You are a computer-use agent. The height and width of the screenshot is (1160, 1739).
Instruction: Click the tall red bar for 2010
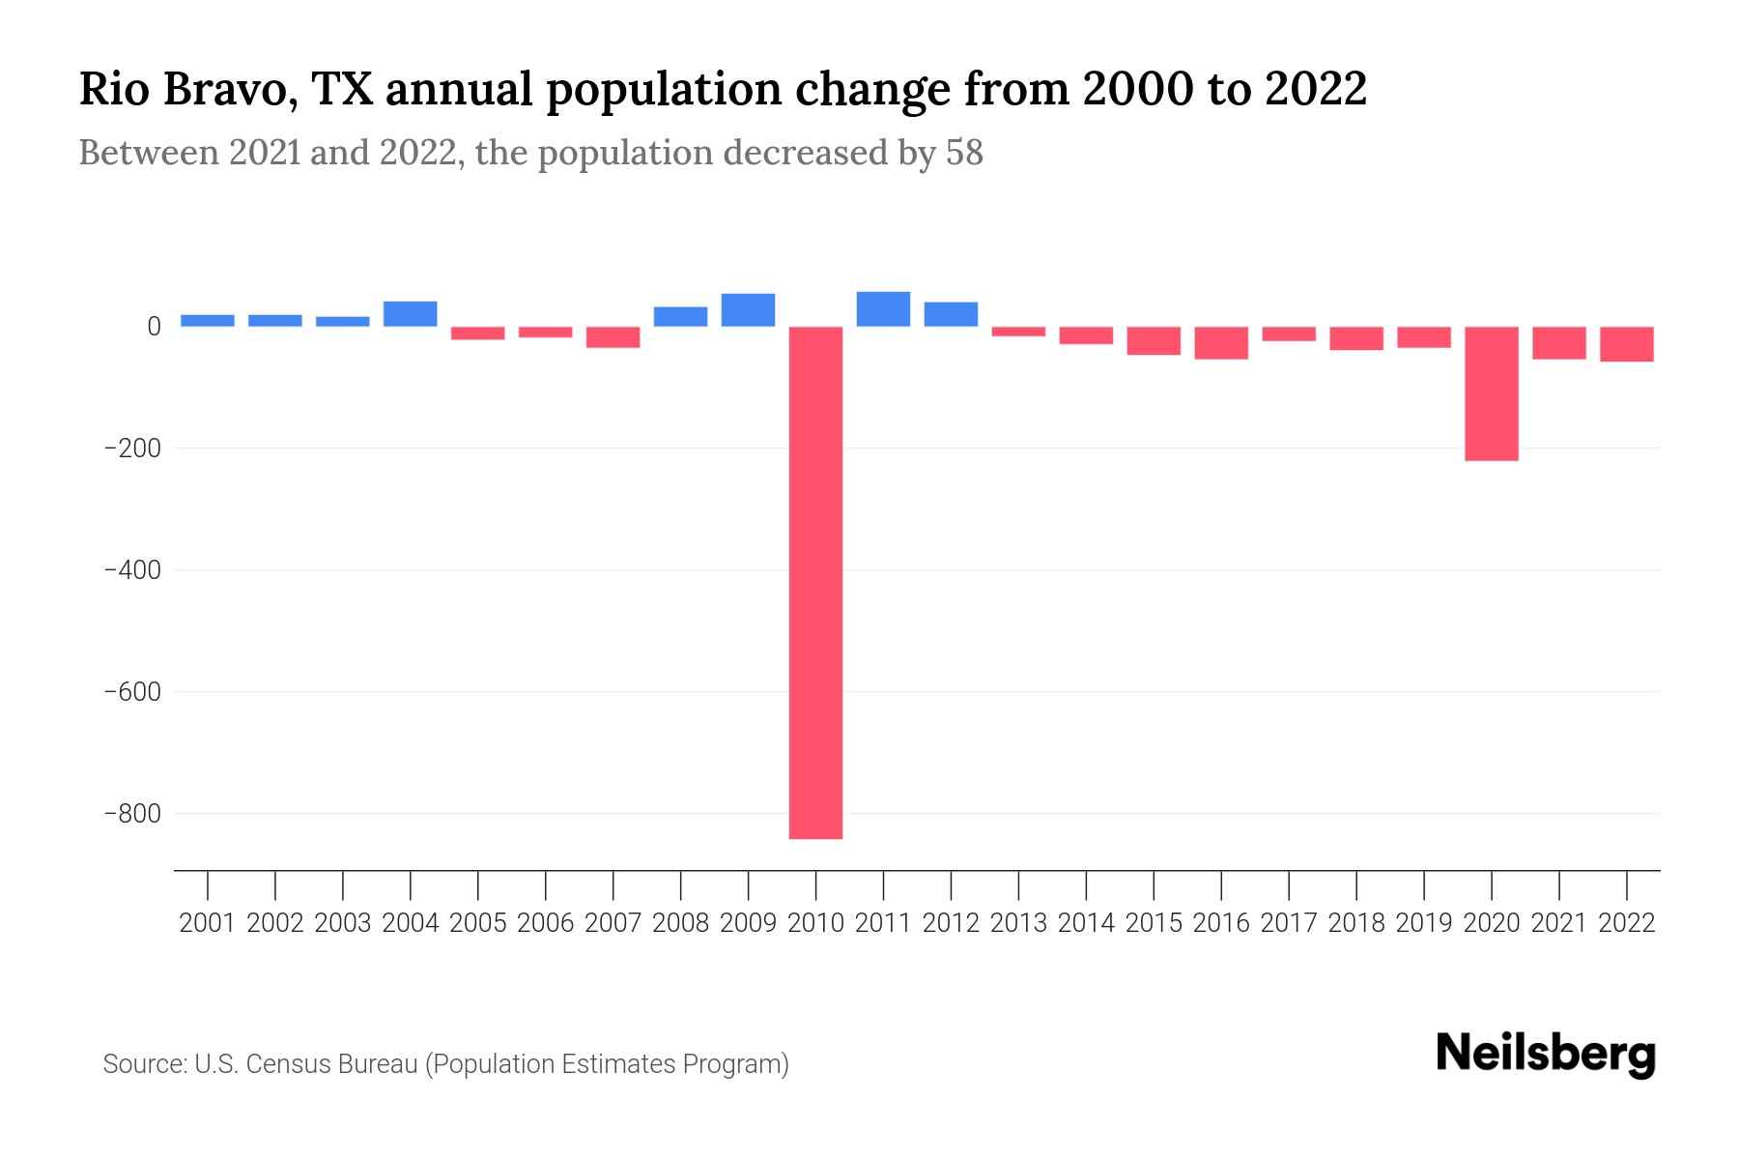point(815,582)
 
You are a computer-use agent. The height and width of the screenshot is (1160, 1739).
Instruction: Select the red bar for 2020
point(1491,393)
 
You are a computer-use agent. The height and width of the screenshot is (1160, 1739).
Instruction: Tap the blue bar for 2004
point(410,314)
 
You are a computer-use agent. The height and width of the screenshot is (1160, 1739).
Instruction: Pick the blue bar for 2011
point(883,309)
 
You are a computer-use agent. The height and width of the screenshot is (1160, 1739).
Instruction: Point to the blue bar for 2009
point(748,310)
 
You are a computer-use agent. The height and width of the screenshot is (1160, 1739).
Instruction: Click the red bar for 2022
point(1626,344)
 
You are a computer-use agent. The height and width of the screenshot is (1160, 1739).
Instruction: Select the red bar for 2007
point(613,337)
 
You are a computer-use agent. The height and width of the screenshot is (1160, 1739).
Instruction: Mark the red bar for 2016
point(1220,343)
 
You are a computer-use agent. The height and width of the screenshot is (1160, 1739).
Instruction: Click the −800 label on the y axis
point(131,814)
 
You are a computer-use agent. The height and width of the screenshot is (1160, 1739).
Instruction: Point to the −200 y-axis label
point(131,449)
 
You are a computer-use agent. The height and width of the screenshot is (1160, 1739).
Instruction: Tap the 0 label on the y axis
point(153,327)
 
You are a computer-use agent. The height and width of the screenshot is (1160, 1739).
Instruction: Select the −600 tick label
point(131,692)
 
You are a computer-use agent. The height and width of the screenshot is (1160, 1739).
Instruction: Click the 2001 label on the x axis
point(207,923)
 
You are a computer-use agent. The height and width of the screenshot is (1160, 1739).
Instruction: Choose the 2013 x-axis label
point(1017,923)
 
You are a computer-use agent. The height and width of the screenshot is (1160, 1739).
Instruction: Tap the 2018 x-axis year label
point(1355,923)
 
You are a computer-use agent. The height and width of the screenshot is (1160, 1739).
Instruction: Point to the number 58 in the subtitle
point(963,153)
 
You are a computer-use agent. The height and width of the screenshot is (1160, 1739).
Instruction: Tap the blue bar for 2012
point(951,314)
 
